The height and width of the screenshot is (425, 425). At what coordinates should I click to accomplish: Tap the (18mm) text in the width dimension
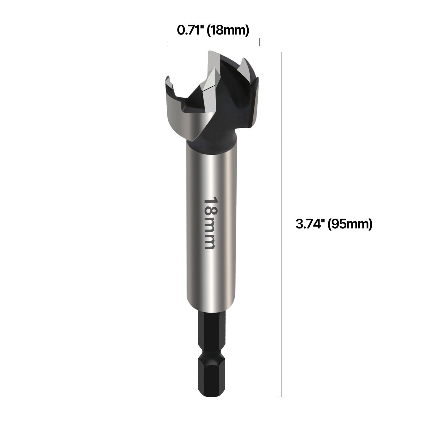tap(228, 31)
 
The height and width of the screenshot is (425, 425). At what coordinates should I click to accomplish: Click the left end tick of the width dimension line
tap(167, 42)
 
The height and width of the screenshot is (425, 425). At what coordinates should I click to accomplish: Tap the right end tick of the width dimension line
tap(259, 42)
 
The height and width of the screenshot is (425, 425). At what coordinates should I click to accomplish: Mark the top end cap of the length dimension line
tap(282, 52)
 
